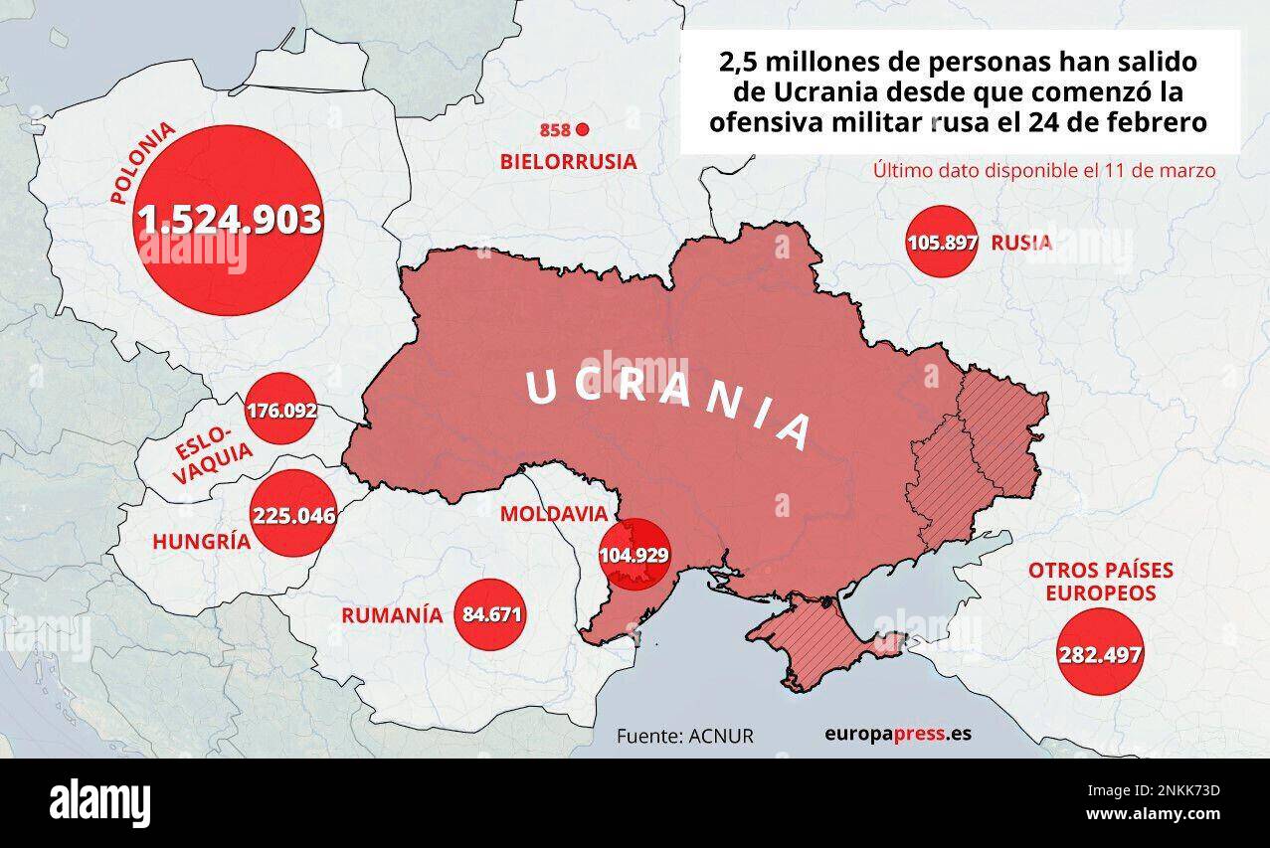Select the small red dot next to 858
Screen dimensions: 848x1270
(x=583, y=129)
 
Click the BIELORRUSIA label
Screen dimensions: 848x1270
(x=568, y=161)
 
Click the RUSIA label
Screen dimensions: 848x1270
(x=1021, y=243)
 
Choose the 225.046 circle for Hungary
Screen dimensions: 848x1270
(x=293, y=515)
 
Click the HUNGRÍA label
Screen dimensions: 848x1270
(x=200, y=542)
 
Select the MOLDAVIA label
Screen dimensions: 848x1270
(x=553, y=514)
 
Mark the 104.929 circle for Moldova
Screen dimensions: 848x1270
(x=634, y=556)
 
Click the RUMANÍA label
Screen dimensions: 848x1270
(x=391, y=614)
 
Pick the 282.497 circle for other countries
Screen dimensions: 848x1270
(x=1099, y=653)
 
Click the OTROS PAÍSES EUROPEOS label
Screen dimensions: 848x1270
(x=1100, y=582)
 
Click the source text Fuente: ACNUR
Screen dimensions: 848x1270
(x=684, y=736)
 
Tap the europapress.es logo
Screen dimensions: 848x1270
(x=897, y=735)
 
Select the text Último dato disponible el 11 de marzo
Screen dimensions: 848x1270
(x=1043, y=170)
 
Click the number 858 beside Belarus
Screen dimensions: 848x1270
(x=555, y=130)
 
